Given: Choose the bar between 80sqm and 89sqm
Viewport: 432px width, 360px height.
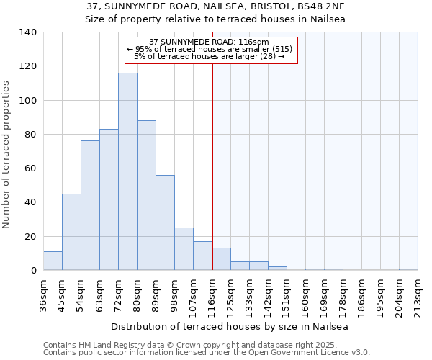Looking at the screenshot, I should pyautogui.click(x=146, y=195).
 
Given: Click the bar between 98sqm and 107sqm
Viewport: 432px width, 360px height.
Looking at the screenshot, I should pyautogui.click(x=184, y=249).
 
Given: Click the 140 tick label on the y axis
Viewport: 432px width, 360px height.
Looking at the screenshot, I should pyautogui.click(x=28, y=32).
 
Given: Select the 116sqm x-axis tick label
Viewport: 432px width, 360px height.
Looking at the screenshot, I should pyautogui.click(x=212, y=292).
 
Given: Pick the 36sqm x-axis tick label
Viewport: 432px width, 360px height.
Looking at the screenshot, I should pyautogui.click(x=43, y=292).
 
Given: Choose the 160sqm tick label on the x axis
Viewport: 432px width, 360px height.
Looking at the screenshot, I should pyautogui.click(x=305, y=292).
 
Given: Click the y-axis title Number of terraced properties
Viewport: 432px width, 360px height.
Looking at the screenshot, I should pyautogui.click(x=6, y=155).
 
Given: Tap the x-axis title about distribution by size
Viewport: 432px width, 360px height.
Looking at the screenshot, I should pyautogui.click(x=230, y=327).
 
